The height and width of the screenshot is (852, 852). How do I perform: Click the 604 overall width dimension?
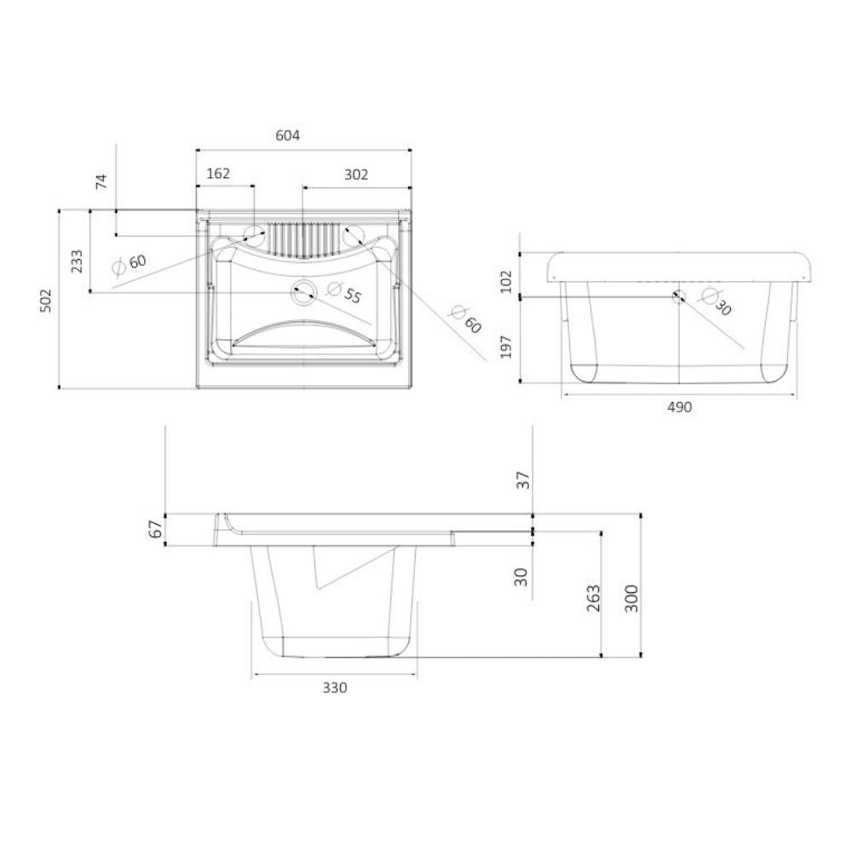tap(288, 135)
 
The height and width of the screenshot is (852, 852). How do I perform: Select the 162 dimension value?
tap(218, 174)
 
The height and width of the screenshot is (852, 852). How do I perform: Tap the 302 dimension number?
tap(356, 174)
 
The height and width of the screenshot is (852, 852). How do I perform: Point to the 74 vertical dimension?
tap(101, 181)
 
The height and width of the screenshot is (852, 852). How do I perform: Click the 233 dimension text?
tap(77, 260)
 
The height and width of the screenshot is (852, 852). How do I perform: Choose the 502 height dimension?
tap(46, 299)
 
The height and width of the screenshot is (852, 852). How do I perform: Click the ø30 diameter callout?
tap(716, 302)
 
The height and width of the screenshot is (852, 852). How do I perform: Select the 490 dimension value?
tap(679, 407)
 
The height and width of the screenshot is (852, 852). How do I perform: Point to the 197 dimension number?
tap(506, 346)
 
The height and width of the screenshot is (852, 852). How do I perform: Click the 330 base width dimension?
tap(335, 688)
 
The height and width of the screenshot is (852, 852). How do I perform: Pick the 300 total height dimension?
tap(630, 599)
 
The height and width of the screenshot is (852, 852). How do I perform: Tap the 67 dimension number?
tap(155, 528)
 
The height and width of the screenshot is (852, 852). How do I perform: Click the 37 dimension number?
tap(523, 481)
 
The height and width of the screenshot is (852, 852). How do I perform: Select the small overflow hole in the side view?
tap(678, 296)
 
